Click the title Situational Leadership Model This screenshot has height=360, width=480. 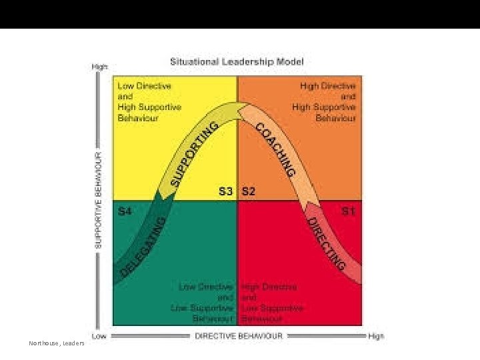click(237, 62)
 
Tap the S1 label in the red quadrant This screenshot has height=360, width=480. click(348, 211)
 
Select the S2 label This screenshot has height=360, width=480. click(248, 191)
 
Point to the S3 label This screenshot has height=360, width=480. click(227, 191)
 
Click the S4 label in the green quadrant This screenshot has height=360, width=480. click(125, 211)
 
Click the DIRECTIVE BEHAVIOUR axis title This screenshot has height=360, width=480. click(238, 335)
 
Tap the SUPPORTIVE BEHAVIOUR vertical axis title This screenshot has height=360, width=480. click(99, 199)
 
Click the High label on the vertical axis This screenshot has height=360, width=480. click(100, 67)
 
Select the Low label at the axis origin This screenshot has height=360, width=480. click(99, 336)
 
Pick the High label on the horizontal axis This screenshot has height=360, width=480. click(376, 336)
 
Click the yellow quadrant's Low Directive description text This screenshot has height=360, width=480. click(149, 101)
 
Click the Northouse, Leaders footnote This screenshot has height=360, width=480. click(57, 343)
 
